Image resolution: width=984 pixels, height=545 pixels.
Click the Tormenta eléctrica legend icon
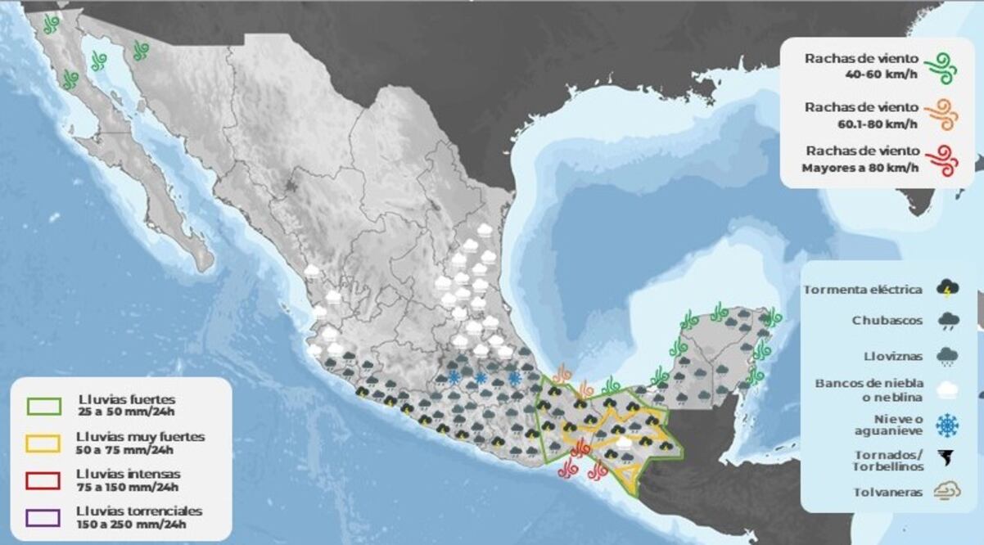(x=948, y=289)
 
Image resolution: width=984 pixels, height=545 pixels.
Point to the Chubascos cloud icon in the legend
(x=948, y=321)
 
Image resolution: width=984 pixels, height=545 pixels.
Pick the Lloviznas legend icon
(x=948, y=357)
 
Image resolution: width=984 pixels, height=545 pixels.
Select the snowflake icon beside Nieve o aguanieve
(x=948, y=425)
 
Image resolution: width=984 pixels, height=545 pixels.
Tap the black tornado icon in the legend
(x=948, y=459)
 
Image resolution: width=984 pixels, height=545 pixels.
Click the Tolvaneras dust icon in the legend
(x=948, y=492)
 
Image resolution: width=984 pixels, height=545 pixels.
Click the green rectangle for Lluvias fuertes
(x=43, y=406)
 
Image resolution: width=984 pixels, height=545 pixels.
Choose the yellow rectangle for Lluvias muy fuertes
(x=43, y=443)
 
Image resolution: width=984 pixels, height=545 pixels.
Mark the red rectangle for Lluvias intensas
(x=43, y=480)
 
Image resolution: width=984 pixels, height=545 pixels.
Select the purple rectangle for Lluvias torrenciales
(x=43, y=517)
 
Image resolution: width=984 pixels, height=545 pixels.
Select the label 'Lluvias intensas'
(x=128, y=474)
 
